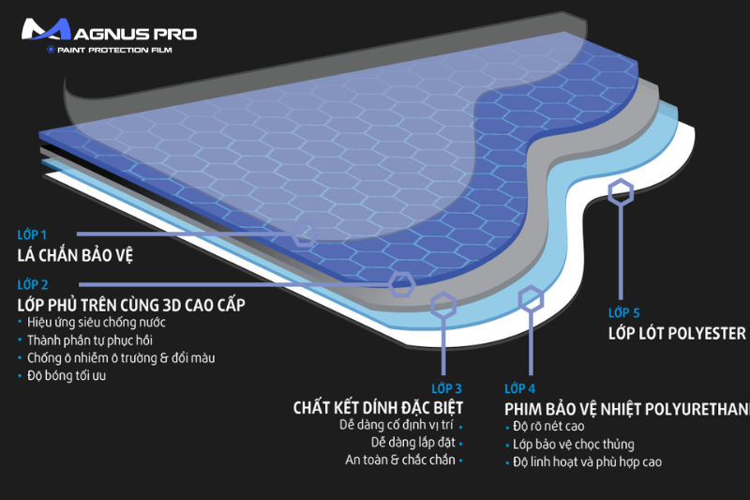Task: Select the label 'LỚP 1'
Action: [x=32, y=234]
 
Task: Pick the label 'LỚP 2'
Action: [x=32, y=283]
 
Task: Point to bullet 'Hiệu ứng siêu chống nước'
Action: [x=91, y=322]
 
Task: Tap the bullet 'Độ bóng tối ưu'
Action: [x=67, y=375]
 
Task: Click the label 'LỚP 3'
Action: [x=446, y=387]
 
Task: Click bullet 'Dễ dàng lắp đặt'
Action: [x=412, y=442]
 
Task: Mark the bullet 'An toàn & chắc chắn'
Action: [x=399, y=460]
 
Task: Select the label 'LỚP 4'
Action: [x=519, y=388]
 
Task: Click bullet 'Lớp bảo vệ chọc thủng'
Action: [x=573, y=444]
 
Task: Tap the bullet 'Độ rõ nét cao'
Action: [x=555, y=426]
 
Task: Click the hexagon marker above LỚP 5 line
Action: [x=620, y=193]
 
